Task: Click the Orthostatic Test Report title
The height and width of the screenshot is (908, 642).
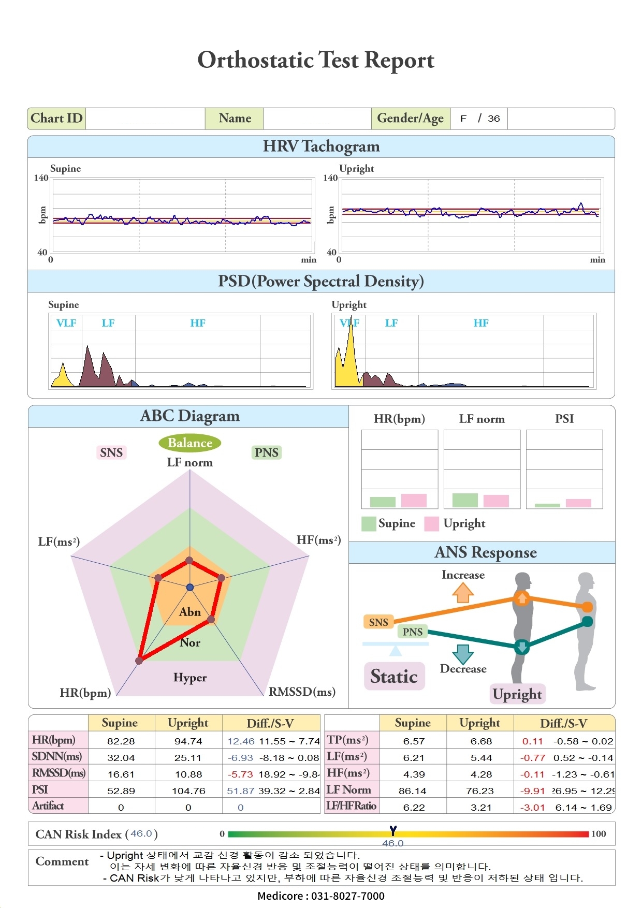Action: [x=316, y=61]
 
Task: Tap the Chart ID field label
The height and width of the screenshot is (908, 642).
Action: [x=56, y=119]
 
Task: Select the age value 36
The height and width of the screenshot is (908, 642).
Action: [x=494, y=119]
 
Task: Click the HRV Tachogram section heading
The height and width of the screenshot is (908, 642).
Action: [x=321, y=147]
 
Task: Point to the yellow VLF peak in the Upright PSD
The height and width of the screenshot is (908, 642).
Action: [x=351, y=352]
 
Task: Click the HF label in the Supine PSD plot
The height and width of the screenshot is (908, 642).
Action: [x=197, y=323]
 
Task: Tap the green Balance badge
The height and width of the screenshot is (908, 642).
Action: [x=190, y=443]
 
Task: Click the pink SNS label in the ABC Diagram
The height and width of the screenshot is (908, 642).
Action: [x=111, y=452]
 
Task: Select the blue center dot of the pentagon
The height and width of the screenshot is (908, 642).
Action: [x=190, y=587]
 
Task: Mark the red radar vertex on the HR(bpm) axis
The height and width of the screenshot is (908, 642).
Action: [x=139, y=661]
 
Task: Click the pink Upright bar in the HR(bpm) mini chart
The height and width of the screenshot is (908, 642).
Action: [x=414, y=501]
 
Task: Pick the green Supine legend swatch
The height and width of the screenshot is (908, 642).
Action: [x=369, y=524]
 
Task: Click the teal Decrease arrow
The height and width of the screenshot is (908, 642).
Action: [x=463, y=654]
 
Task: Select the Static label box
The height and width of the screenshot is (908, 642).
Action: [x=394, y=676]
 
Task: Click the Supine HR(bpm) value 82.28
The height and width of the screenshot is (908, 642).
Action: [x=121, y=741]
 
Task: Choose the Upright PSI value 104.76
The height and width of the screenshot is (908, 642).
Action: [x=188, y=790]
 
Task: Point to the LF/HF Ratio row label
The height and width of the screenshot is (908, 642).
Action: [x=352, y=806]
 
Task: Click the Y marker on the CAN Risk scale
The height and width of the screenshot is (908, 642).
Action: [x=393, y=831]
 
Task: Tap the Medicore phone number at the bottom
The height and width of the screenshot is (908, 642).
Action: [x=321, y=896]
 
